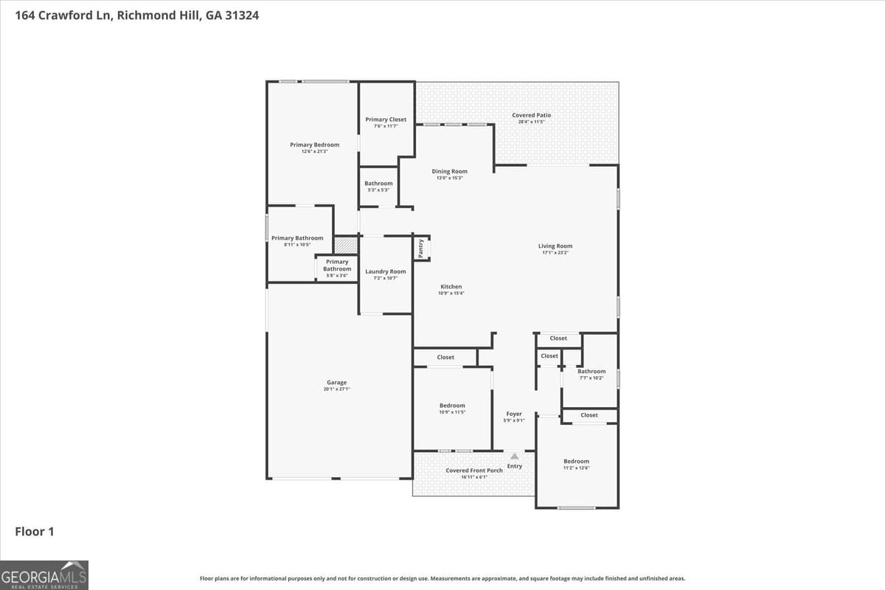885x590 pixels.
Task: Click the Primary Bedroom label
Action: coord(314,145)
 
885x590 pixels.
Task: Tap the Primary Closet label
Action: coord(386,119)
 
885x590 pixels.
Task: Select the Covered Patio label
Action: coord(531,115)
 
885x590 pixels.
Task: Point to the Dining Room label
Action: coord(449,171)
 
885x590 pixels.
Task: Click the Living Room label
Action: coord(555,246)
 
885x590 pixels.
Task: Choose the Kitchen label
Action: coord(451,287)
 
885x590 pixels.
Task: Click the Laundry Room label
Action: coord(385,271)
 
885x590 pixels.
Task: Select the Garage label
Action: coord(336,383)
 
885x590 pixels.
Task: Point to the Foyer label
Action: coord(513,414)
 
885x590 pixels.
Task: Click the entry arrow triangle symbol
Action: coord(514,457)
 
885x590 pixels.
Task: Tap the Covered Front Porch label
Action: coord(473,471)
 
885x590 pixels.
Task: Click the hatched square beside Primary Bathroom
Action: coord(345,245)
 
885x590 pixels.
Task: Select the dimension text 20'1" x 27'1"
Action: coord(336,389)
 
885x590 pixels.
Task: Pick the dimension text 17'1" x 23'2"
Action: coord(555,253)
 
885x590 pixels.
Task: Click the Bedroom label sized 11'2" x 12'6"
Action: coord(576,462)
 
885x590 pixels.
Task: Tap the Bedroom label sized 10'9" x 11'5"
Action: coord(452,406)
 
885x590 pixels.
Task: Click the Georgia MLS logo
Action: coord(44,575)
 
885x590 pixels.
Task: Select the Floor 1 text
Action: coord(35,531)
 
